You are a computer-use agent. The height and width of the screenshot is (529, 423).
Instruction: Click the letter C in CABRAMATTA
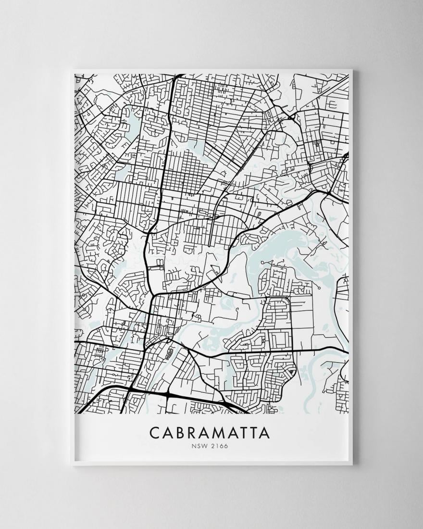point(155,432)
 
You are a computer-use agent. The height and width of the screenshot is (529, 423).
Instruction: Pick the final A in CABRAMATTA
point(264,432)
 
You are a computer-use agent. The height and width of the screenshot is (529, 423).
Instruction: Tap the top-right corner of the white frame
point(352,71)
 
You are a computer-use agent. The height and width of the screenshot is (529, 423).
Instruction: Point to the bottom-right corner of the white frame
point(352,465)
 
